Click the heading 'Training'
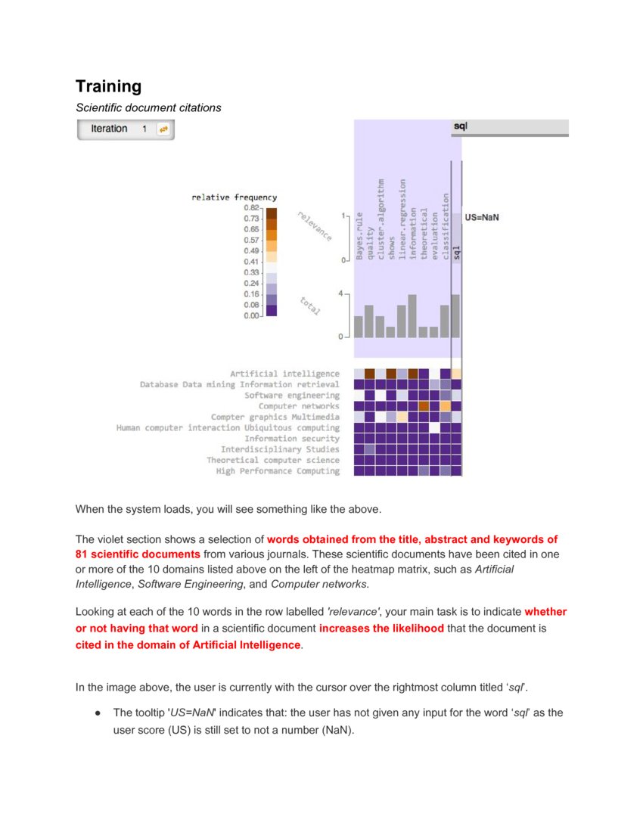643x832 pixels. coord(108,86)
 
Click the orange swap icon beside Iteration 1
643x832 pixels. coord(163,129)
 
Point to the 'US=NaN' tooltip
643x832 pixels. coord(482,217)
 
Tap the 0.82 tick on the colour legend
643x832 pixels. coord(251,207)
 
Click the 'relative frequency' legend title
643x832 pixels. coord(234,197)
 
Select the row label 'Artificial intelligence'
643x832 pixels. coord(284,374)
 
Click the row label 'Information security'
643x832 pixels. coord(291,439)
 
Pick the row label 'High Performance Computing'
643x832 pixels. coord(278,471)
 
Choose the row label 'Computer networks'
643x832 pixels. coord(299,406)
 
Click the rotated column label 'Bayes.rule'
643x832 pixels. coord(359,236)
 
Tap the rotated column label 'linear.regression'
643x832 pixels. coord(402,219)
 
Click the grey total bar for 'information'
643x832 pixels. coord(412,316)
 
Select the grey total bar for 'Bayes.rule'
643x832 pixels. coord(359,327)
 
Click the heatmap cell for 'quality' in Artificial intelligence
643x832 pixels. coord(369,374)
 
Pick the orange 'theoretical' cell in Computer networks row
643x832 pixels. coord(424,406)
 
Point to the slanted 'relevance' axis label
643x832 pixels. coord(314,225)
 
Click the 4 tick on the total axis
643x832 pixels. coord(341,293)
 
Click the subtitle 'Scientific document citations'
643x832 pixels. coord(148,107)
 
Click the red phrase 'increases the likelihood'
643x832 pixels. coord(381,629)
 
